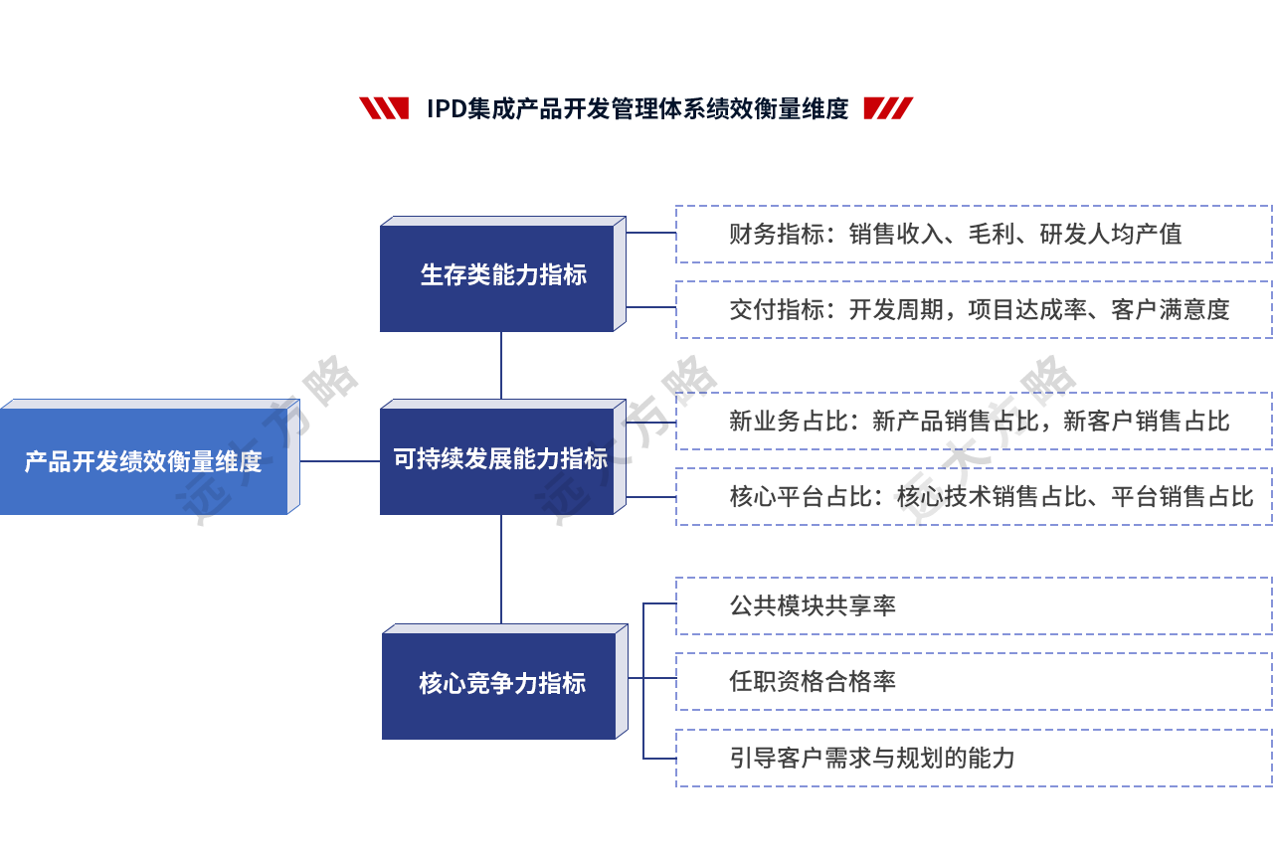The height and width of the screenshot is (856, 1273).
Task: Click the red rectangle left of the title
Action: [383, 108]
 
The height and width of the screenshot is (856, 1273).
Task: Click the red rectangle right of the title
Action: [888, 108]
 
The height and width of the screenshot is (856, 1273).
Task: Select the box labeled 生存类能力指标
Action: [503, 274]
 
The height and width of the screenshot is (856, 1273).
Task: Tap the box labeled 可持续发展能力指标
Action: [501, 458]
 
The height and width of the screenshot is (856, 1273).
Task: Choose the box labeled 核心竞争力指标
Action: [504, 682]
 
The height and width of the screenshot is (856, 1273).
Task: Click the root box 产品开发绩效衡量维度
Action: [143, 461]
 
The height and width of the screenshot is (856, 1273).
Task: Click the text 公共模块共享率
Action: [813, 605]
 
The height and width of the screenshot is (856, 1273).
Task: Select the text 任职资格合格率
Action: [813, 681]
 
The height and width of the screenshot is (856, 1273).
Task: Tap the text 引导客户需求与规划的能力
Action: [872, 758]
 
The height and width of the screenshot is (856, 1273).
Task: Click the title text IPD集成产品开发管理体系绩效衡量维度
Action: [636, 108]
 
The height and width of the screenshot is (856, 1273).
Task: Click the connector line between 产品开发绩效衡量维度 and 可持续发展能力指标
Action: [338, 461]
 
